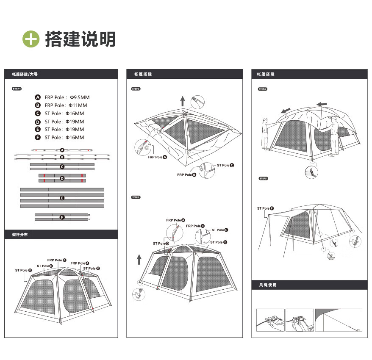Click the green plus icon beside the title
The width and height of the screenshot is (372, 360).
(x=31, y=39)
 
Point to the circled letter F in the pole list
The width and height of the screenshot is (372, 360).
(x=38, y=138)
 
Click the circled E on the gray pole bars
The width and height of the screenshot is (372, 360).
(x=62, y=198)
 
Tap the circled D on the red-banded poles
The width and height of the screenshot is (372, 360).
(x=62, y=178)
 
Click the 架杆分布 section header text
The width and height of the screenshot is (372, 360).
(x=20, y=234)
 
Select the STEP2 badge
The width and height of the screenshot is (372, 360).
(x=136, y=89)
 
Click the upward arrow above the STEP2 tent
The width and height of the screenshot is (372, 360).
(x=183, y=100)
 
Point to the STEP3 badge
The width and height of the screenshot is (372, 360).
(x=136, y=197)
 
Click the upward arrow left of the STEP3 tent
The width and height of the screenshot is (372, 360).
(x=139, y=259)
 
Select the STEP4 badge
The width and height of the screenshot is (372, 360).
(x=262, y=89)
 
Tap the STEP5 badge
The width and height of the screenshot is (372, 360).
(x=263, y=178)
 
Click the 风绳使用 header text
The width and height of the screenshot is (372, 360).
(x=267, y=285)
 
